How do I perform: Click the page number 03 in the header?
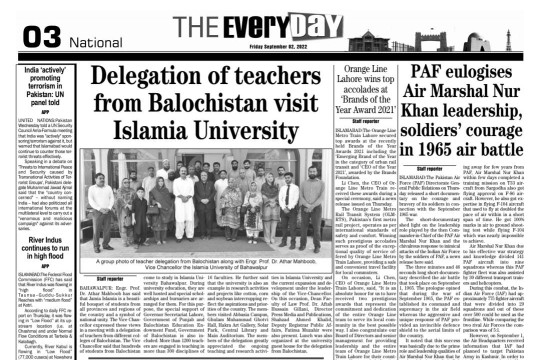point(19,25)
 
